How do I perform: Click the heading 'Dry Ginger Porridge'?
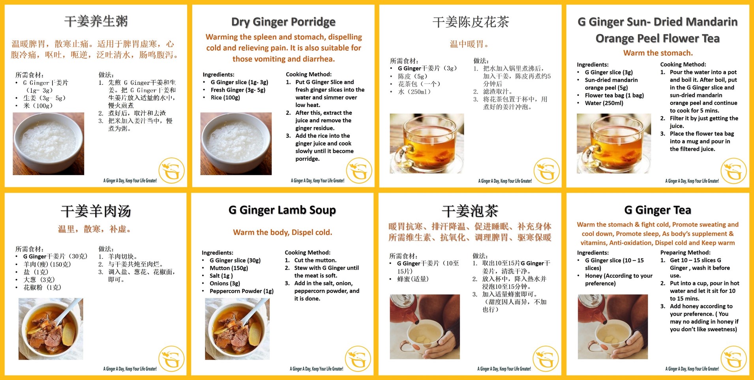click(x=283, y=22)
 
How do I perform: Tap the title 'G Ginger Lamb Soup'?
click(x=282, y=210)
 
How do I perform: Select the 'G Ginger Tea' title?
click(x=658, y=210)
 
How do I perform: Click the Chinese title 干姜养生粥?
click(x=96, y=21)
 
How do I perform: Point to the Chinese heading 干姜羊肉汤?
click(x=96, y=211)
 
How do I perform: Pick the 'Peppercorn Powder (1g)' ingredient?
click(x=242, y=291)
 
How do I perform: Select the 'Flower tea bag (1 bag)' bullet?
click(x=614, y=95)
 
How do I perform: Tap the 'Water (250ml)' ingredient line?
click(x=604, y=103)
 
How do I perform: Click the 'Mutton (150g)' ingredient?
click(x=229, y=268)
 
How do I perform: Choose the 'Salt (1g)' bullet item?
click(x=221, y=276)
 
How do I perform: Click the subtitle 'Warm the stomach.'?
click(x=658, y=53)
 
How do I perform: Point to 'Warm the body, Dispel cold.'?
click(x=283, y=232)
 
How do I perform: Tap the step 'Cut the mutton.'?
click(x=315, y=260)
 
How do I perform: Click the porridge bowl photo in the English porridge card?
click(x=236, y=144)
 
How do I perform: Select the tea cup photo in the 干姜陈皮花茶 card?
click(x=427, y=144)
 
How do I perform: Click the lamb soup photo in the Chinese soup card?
click(x=51, y=329)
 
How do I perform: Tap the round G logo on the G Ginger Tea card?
click(x=733, y=359)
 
